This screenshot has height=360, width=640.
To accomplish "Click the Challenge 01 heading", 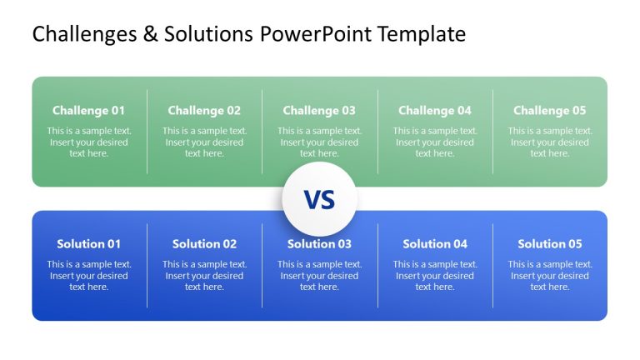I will pyautogui.click(x=88, y=110).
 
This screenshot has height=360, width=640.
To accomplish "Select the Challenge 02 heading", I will pyautogui.click(x=204, y=110).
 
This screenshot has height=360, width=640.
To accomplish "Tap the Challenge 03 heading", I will pyautogui.click(x=319, y=110).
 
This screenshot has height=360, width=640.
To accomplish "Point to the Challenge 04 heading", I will pyautogui.click(x=435, y=110).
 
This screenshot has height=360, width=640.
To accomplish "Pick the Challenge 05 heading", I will pyautogui.click(x=550, y=110).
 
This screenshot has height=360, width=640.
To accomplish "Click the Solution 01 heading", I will pyautogui.click(x=88, y=244).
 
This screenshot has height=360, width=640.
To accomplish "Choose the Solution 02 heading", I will pyautogui.click(x=204, y=244).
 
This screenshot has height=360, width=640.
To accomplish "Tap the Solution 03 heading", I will pyautogui.click(x=319, y=244).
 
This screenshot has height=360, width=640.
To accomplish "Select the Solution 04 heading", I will pyautogui.click(x=435, y=244).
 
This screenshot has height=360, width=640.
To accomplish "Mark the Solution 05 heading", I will pyautogui.click(x=550, y=244).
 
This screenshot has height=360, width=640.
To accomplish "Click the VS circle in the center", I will pyautogui.click(x=319, y=199).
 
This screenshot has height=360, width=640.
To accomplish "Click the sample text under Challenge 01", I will pyautogui.click(x=88, y=142).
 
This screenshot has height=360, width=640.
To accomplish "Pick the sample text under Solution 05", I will pyautogui.click(x=550, y=276).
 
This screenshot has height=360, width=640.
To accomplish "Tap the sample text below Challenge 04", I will pyautogui.click(x=435, y=142).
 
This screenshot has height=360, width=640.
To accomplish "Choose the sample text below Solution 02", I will pyautogui.click(x=204, y=276).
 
